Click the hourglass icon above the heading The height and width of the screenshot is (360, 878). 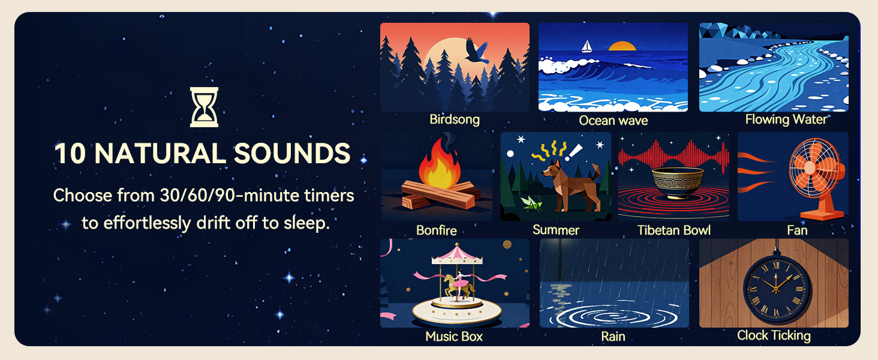coord(204,107)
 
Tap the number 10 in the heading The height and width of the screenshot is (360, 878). coord(70,153)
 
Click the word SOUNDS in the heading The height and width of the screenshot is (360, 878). coord(292,153)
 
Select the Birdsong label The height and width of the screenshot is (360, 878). coord(454,119)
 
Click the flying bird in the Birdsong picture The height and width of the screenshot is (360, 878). coord(477,51)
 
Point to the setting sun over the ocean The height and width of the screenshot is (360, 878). coord(622,46)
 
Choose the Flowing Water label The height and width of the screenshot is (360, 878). coord(786,119)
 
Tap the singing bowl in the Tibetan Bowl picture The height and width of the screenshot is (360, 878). coord(677,182)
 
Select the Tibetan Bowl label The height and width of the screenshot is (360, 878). coord(673,230)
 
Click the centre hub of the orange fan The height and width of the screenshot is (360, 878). coord(810,167)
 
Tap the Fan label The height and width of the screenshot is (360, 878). coord(797,230)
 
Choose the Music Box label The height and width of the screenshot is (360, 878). coord(454,337)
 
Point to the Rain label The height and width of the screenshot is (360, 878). coord(613,337)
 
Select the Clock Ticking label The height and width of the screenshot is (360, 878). coord(774,335)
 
